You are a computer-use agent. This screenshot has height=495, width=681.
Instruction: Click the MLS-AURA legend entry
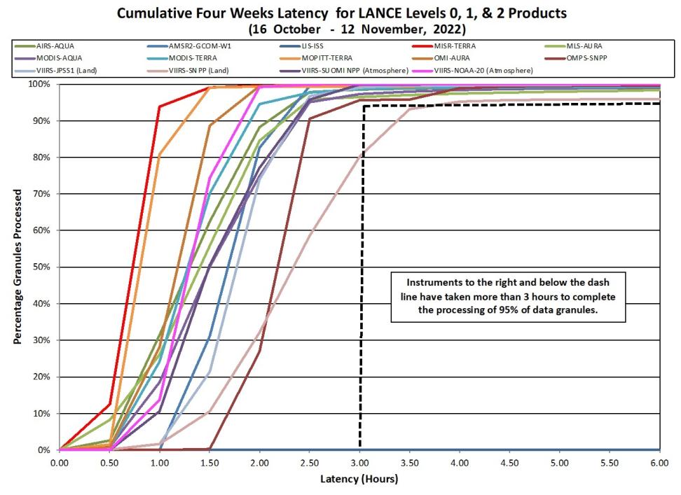[x=573, y=46]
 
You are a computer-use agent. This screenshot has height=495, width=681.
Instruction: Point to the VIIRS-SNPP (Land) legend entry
[x=188, y=70]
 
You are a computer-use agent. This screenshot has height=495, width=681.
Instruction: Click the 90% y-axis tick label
[x=41, y=121]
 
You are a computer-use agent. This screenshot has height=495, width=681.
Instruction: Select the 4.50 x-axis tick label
[x=509, y=463]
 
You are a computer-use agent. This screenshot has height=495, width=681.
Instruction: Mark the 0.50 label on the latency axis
[x=109, y=463]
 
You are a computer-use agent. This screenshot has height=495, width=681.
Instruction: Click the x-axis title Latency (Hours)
[x=359, y=479]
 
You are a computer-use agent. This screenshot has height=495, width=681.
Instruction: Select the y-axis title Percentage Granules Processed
[x=18, y=267]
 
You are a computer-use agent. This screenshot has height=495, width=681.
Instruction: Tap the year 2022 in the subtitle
[x=449, y=29]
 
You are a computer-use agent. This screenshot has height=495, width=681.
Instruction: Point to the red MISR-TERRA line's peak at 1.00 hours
[x=160, y=106]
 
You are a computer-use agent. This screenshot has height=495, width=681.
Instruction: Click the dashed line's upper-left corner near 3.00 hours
[x=364, y=106]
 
